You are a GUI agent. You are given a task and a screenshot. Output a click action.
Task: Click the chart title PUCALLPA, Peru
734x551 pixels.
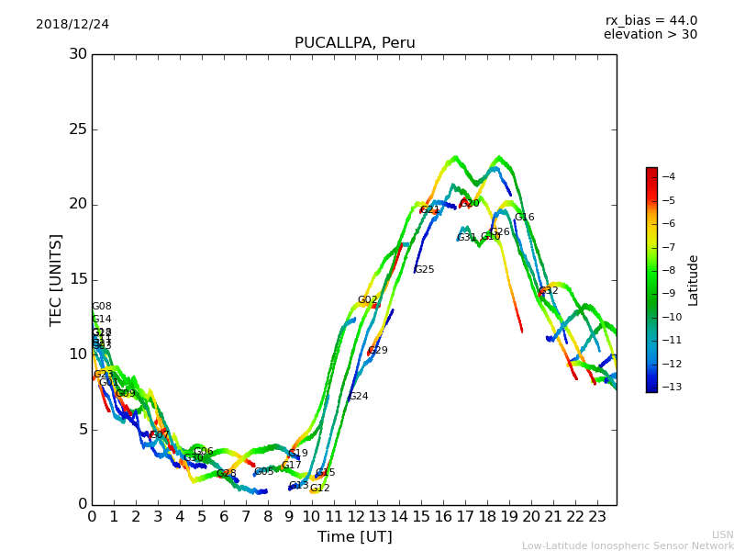coord(354,43)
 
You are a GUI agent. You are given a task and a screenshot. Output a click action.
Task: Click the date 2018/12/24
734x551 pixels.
coord(72,25)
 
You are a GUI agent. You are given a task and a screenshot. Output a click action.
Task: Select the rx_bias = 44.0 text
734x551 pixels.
coord(651,21)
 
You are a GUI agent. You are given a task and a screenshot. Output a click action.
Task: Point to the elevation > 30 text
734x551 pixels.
coord(650,35)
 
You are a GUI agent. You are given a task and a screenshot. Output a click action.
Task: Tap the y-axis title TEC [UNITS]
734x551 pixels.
coord(56,279)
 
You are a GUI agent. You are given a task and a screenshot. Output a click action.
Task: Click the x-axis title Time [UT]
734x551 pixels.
coord(354,537)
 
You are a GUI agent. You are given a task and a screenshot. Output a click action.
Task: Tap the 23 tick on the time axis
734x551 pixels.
coord(597,517)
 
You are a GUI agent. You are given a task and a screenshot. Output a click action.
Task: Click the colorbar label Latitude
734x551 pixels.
coord(694,280)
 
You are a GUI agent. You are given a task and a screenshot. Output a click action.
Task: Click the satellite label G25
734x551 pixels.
coord(424,270)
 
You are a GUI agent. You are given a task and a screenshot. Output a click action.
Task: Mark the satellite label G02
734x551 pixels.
coord(367,300)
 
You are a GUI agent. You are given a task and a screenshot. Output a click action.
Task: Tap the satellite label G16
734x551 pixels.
coord(524,218)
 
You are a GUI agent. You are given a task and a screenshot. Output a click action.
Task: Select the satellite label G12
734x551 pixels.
coord(319,489)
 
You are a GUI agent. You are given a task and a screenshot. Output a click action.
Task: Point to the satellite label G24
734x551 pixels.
coord(358,397)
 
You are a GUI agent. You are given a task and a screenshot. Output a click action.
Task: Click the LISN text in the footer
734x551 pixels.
coord(722,534)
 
